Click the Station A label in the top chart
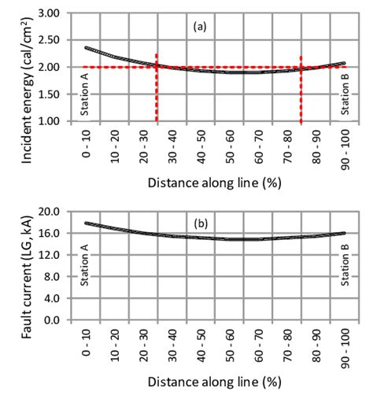point(85,95)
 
